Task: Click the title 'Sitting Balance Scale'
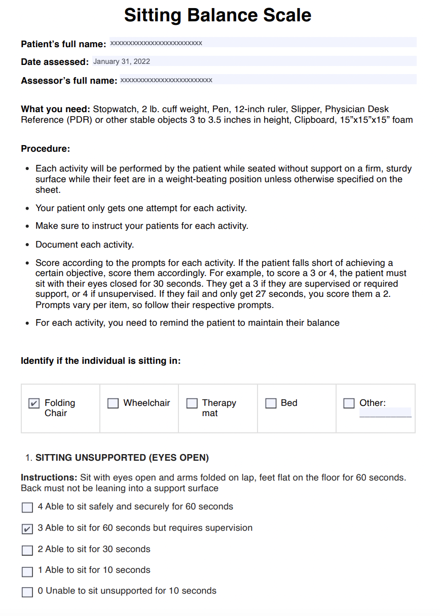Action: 217,15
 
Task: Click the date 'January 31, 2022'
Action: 122,61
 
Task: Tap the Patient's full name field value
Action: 156,43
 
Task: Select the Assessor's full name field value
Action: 166,80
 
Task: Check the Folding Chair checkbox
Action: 33,403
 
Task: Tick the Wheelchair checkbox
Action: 113,403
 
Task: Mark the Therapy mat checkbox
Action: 192,403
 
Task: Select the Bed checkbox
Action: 271,403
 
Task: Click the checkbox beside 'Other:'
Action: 349,403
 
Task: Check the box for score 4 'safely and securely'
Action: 27,507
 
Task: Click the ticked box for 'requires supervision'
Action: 27,529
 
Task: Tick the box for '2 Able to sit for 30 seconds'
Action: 27,550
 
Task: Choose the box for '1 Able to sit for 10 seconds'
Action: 27,571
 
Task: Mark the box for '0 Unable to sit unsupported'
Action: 27,592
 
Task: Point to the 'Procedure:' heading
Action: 46,149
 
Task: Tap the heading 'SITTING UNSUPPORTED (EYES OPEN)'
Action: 122,458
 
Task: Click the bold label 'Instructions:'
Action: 49,477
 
